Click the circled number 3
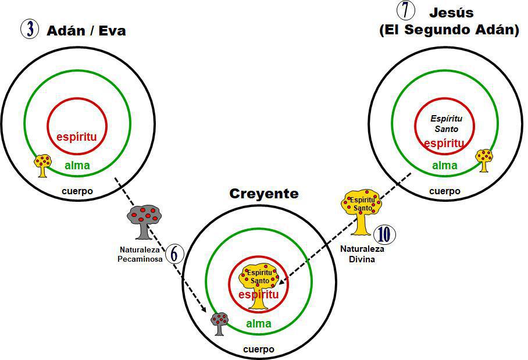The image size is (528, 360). [29, 29]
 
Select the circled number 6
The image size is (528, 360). [174, 254]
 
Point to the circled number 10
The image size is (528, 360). [384, 234]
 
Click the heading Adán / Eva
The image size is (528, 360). [86, 30]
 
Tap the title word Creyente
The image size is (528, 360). [263, 194]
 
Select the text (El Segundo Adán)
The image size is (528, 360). [449, 30]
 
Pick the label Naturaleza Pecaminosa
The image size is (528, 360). [141, 255]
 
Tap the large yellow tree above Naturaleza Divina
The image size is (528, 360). [362, 210]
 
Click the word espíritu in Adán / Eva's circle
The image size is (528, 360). [76, 138]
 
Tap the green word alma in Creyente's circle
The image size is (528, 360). [258, 324]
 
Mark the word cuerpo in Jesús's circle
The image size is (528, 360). [444, 191]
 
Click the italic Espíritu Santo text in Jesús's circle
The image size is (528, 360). [445, 124]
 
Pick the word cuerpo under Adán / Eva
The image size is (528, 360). [77, 191]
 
